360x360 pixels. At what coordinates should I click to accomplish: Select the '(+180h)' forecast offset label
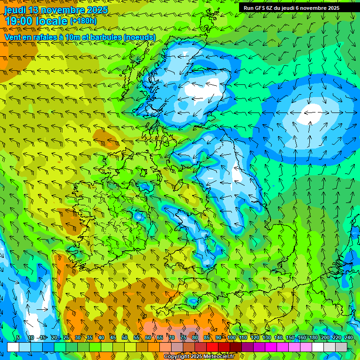point(83,21)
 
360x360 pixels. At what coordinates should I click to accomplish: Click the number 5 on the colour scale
point(18,337)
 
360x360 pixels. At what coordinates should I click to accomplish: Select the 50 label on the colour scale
point(125,337)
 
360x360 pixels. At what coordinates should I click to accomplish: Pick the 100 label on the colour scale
point(232,337)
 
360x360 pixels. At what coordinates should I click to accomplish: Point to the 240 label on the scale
point(349,337)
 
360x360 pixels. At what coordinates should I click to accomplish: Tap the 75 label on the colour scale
point(183,337)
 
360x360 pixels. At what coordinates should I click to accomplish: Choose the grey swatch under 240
point(341,347)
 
